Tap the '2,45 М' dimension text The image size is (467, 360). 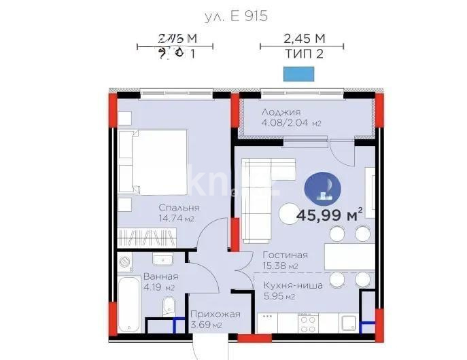point(302,38)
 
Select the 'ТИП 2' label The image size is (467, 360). point(302,54)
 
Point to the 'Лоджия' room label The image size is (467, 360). point(281,111)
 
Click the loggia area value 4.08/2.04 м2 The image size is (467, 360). point(291,123)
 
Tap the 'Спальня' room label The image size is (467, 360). point(179,208)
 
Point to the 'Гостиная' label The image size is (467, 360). point(285,255)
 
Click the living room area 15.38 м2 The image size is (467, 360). point(281,266)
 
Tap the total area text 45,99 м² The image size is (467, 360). point(329,216)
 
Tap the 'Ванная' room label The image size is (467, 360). point(160,276)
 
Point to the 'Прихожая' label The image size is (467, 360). point(215,314)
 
